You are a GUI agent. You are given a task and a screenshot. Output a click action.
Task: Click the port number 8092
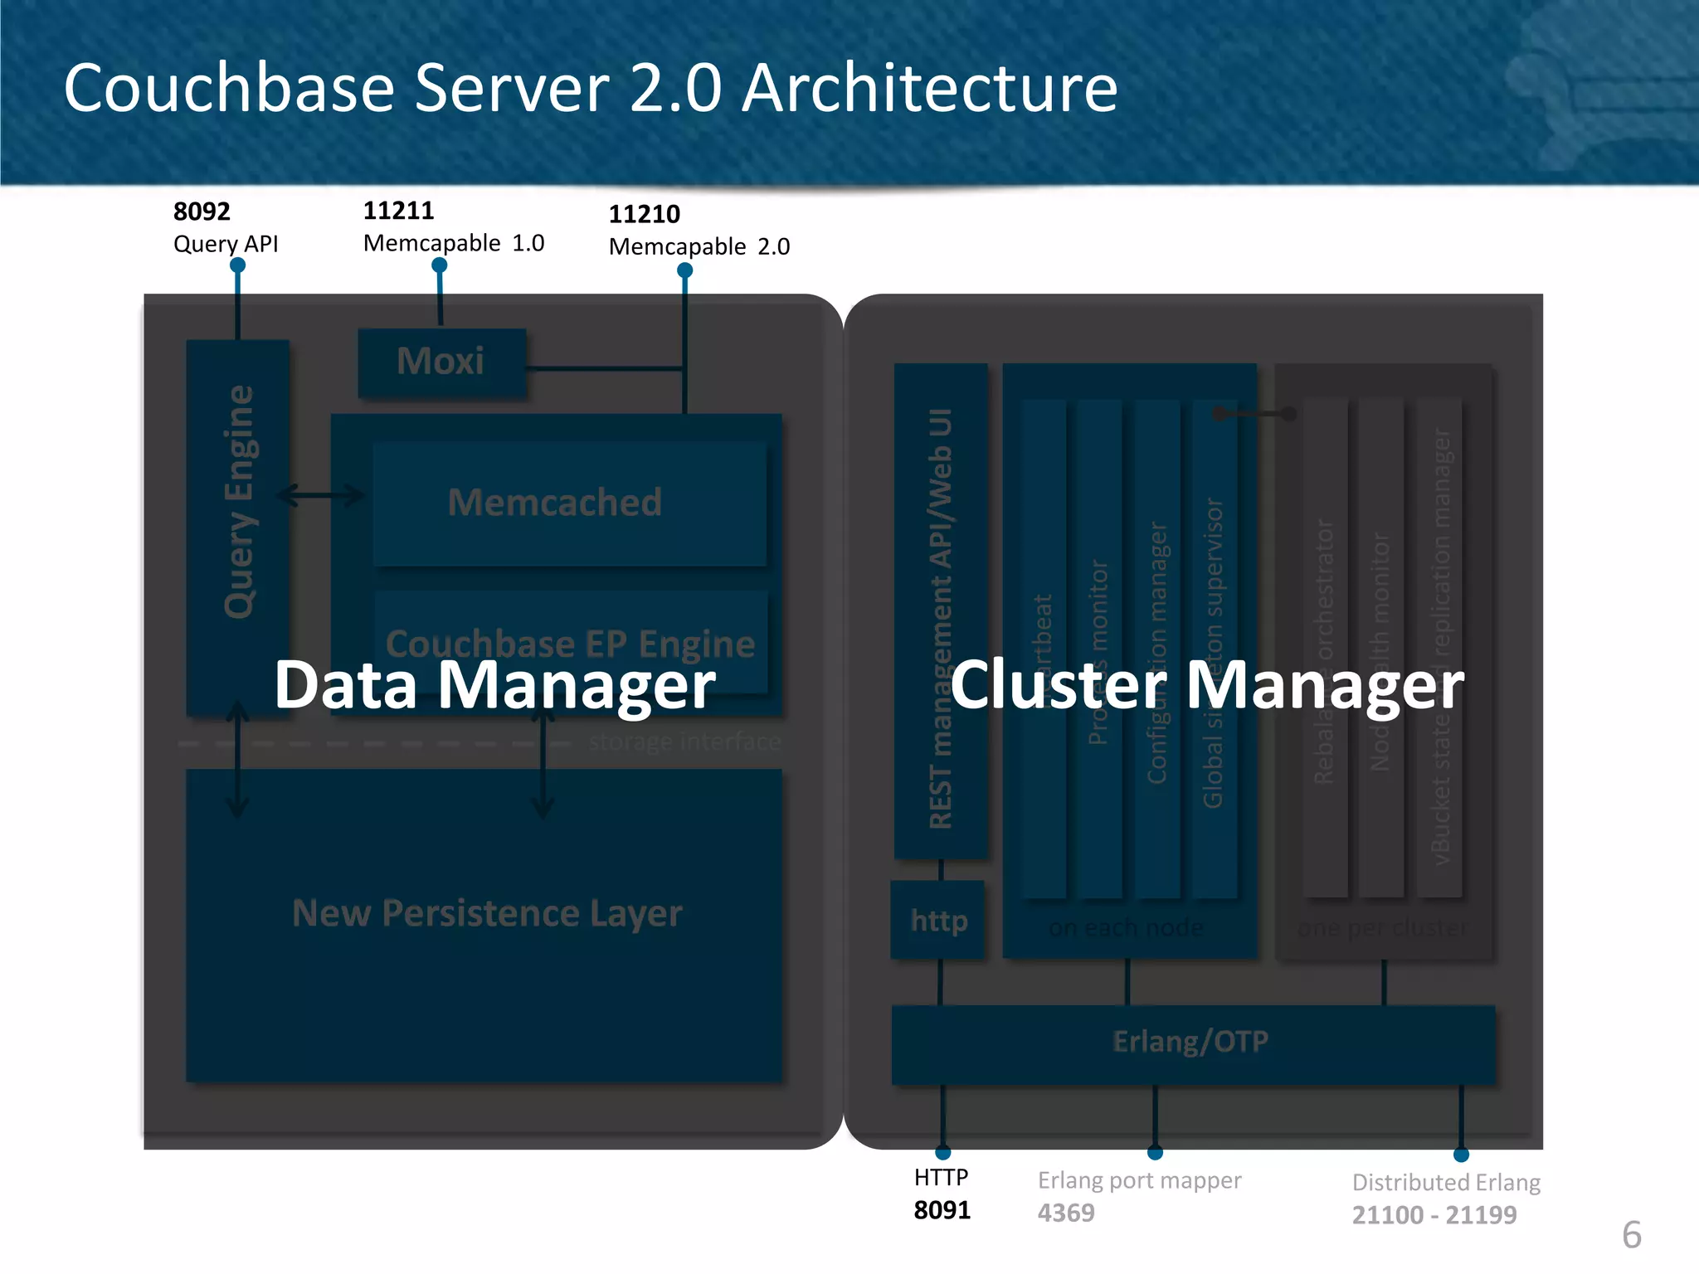coord(202,212)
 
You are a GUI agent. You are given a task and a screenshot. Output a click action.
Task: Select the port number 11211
coord(398,211)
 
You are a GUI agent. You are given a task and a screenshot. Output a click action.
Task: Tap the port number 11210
coord(644,214)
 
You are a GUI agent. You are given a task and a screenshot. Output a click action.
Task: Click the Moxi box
coord(441,362)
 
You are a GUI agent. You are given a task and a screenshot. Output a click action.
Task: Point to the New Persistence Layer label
coord(487,913)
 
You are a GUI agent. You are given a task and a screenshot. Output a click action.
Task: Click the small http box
coord(938,921)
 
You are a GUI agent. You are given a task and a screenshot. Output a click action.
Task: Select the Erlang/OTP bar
coord(1192,1043)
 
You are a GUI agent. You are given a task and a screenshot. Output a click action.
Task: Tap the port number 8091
coord(942,1210)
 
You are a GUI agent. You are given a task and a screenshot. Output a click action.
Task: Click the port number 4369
coord(1066,1213)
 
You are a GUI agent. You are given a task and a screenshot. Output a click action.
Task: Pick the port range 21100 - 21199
coord(1434,1215)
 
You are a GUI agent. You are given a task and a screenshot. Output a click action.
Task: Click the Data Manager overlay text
coord(494,685)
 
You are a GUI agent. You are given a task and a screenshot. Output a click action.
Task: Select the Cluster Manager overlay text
coord(1207,685)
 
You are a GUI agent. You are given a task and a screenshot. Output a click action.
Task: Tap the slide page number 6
coord(1631,1235)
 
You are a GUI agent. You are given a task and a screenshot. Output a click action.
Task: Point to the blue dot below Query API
coord(237,265)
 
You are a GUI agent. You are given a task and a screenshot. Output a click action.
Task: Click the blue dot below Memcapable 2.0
coord(684,270)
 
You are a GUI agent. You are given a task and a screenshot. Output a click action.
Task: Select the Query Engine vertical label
coord(239,502)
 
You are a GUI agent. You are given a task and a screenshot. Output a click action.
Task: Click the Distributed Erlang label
coord(1446,1182)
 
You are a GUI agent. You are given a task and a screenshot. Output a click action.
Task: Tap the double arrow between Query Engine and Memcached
coord(320,496)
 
